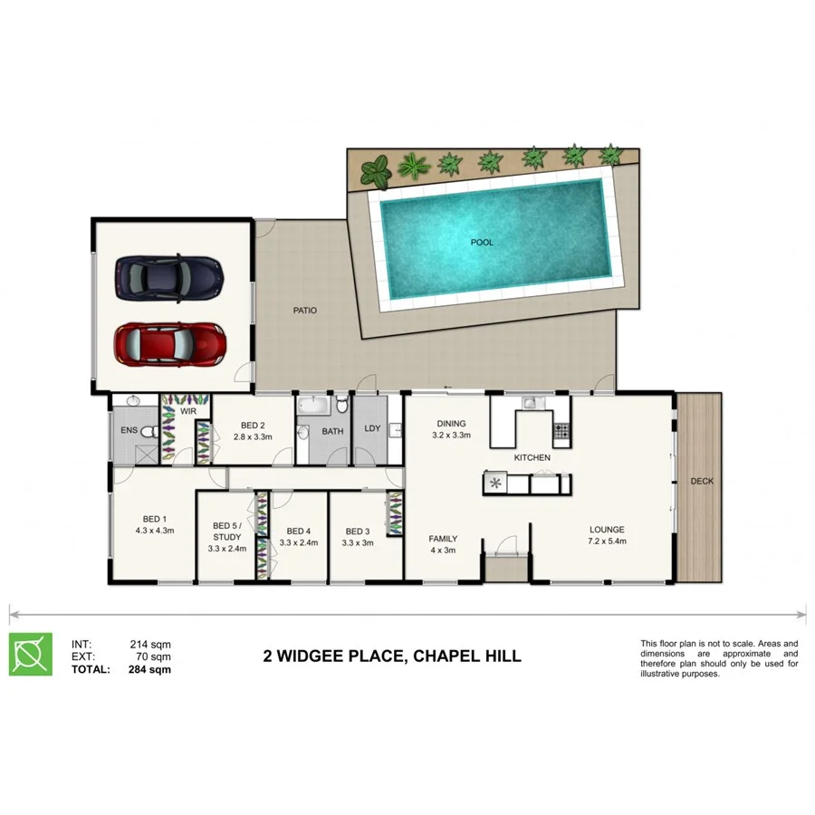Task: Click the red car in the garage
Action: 169,343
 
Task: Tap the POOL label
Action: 482,243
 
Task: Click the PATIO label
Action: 304,311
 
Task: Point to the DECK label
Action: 701,481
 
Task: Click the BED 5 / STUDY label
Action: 226,531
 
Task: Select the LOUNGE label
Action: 607,530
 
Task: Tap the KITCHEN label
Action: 532,458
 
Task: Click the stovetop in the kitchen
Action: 562,432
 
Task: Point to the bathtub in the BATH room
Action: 314,404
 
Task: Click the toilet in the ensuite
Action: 152,433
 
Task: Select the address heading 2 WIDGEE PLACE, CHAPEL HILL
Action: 391,656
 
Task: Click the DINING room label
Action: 451,423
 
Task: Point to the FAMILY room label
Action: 443,539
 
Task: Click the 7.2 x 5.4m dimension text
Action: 607,542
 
